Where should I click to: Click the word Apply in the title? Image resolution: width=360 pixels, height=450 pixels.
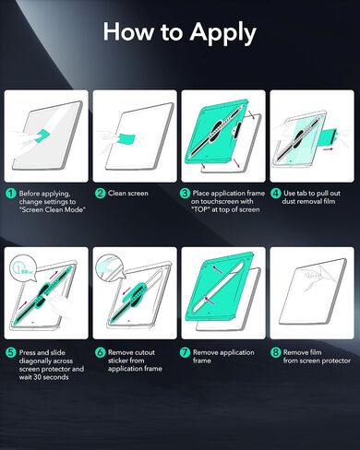click(x=222, y=33)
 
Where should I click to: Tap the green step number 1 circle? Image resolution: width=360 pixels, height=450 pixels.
click(x=10, y=194)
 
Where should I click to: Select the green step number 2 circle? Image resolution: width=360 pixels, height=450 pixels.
click(x=100, y=194)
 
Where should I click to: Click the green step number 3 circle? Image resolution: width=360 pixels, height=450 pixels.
click(x=185, y=194)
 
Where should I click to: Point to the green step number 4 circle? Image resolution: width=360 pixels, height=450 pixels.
click(x=275, y=194)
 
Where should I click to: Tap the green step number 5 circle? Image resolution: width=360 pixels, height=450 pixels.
click(x=10, y=352)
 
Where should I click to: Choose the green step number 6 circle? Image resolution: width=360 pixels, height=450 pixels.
click(x=100, y=352)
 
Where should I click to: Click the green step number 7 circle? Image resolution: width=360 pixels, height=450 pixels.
click(x=185, y=352)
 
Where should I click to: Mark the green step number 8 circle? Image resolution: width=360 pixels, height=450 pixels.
click(x=275, y=352)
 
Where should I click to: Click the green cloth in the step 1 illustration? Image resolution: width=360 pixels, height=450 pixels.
click(x=42, y=136)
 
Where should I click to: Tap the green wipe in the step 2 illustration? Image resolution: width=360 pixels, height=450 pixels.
click(x=126, y=138)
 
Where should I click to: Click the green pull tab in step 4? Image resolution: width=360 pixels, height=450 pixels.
click(x=330, y=136)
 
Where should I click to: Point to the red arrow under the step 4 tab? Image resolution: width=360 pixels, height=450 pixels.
click(x=328, y=148)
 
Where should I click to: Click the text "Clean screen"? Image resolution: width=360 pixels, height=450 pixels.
click(x=128, y=194)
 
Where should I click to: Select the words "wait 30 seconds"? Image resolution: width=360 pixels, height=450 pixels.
click(x=43, y=377)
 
